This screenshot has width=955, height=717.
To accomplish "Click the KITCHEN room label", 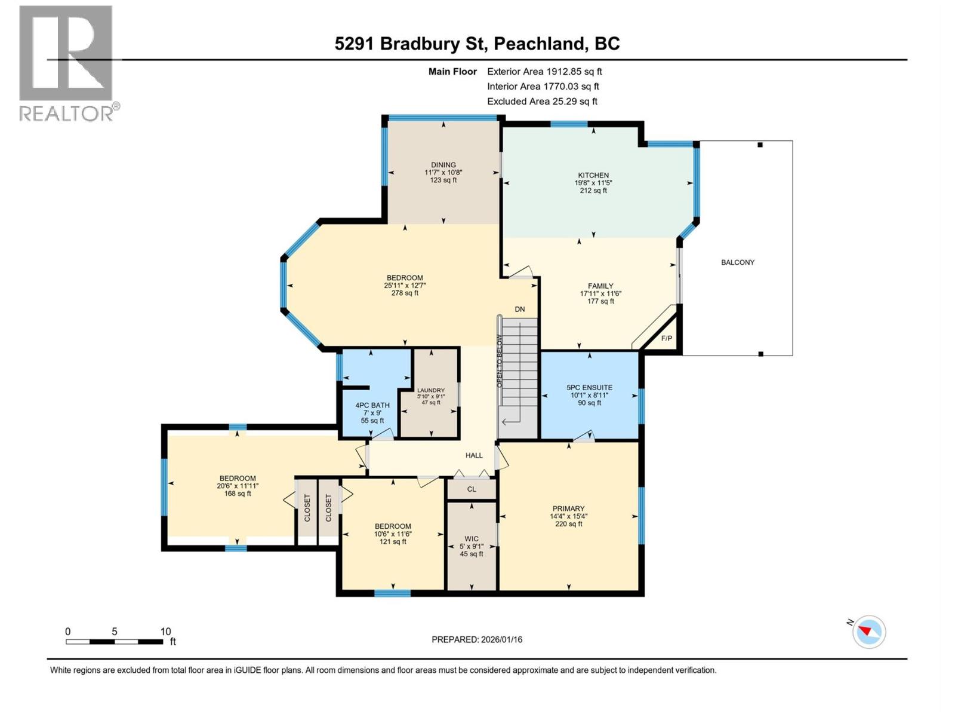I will click(x=593, y=176).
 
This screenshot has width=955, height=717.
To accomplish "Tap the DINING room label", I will click(x=443, y=165).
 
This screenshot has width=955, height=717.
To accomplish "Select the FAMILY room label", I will click(x=600, y=286).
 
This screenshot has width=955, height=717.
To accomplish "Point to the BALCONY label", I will click(x=738, y=262).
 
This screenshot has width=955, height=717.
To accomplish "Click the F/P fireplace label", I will click(x=667, y=339).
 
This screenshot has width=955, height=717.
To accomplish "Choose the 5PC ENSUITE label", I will click(x=589, y=387).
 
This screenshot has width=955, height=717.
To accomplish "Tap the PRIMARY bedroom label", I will click(x=568, y=508).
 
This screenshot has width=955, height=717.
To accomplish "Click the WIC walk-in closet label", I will click(x=472, y=538).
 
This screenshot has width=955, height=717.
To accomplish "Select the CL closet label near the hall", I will click(x=472, y=489).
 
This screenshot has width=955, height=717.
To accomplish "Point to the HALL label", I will click(x=474, y=455).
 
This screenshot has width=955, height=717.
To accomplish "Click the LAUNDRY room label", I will click(x=431, y=390).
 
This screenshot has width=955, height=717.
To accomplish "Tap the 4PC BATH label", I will click(x=372, y=405).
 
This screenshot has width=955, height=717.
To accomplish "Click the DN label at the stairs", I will click(x=520, y=310).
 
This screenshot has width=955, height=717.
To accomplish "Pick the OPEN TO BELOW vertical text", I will click(x=500, y=361).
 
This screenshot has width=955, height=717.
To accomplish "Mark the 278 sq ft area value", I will click(x=405, y=293).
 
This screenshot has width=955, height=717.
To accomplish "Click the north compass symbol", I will click(x=868, y=632).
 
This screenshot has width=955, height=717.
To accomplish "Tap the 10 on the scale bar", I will click(x=165, y=632).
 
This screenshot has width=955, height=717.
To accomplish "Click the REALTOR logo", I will click(x=67, y=63).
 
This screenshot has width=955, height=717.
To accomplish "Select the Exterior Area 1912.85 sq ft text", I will click(x=544, y=72).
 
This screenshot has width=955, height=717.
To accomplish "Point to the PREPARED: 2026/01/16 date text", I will click(x=477, y=639).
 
